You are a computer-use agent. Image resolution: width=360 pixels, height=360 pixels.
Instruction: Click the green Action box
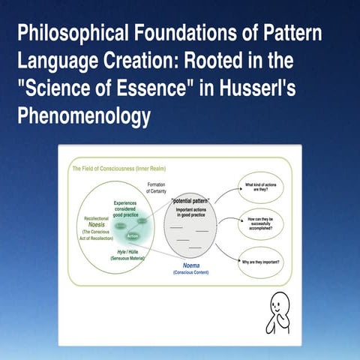tap(133, 236)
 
